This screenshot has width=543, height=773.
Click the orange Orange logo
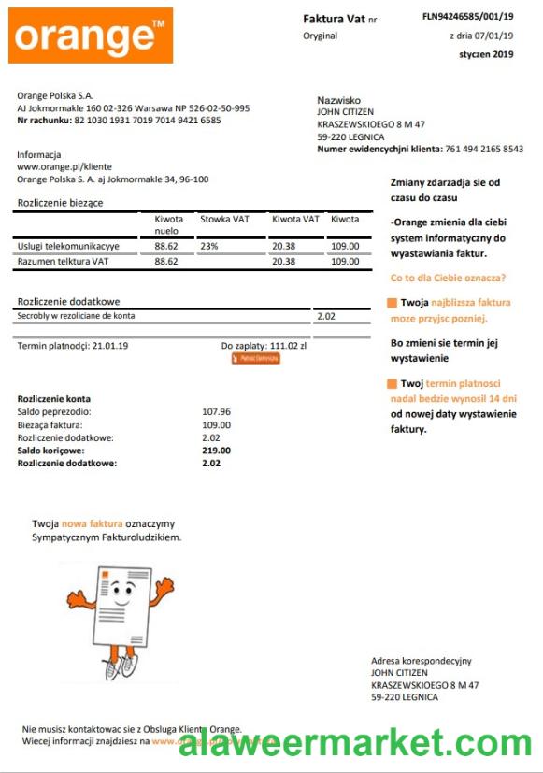tap(91, 36)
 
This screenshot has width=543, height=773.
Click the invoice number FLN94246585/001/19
tap(467, 17)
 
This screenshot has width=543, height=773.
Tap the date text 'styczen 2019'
tap(486, 54)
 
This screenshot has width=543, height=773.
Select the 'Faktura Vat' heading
tap(335, 19)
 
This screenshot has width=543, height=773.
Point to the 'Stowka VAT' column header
tap(224, 220)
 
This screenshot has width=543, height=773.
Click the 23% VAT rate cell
tap(208, 246)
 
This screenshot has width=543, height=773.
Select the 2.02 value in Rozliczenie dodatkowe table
tap(327, 316)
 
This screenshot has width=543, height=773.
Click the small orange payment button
tap(255, 358)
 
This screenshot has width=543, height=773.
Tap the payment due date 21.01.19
tap(110, 346)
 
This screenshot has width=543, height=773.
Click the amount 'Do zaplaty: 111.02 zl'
tap(264, 346)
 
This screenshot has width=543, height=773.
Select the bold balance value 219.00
tap(216, 451)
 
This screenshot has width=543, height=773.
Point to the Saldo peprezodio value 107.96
tap(216, 411)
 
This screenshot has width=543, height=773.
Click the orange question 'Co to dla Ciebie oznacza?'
tap(448, 278)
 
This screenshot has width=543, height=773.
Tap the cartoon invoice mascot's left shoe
tap(110, 669)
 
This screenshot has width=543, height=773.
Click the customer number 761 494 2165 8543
tap(484, 149)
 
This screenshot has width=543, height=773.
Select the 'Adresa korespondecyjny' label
tap(421, 661)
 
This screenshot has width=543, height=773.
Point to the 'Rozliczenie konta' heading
tap(54, 398)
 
